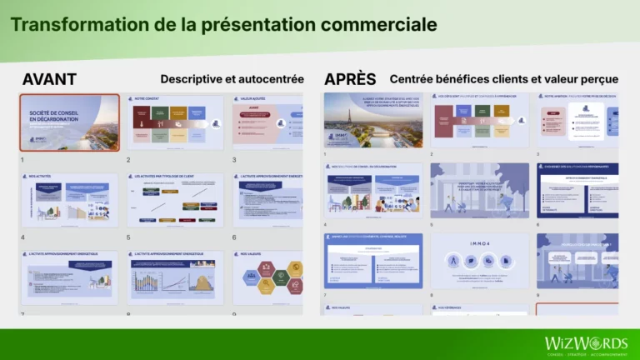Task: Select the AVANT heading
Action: [x=49, y=79]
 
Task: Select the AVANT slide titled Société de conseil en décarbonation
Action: [x=69, y=122]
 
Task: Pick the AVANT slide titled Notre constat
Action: [x=175, y=122]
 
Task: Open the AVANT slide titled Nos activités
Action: [x=69, y=201]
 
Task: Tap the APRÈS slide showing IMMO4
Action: [x=479, y=261]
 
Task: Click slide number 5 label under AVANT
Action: [x=128, y=237]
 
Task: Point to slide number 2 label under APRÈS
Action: [x=432, y=154]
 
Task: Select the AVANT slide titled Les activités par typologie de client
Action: [x=175, y=201]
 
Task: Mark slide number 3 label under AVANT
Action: [x=234, y=159]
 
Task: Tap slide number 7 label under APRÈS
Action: [x=326, y=294]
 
